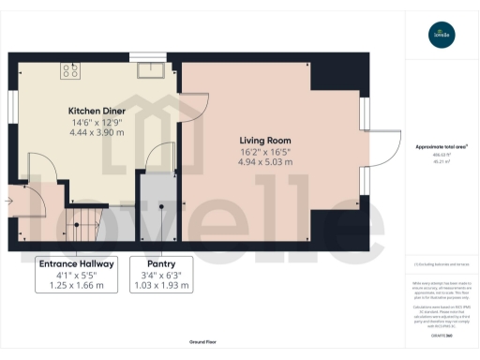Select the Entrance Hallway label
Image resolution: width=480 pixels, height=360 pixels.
click(77, 264)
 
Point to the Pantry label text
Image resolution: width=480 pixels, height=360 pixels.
click(161, 264)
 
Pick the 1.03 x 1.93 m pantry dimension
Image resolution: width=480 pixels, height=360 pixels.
click(161, 285)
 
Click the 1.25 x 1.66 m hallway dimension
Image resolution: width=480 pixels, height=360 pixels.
click(77, 285)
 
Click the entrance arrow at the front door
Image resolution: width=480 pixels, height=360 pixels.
click(8, 200)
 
